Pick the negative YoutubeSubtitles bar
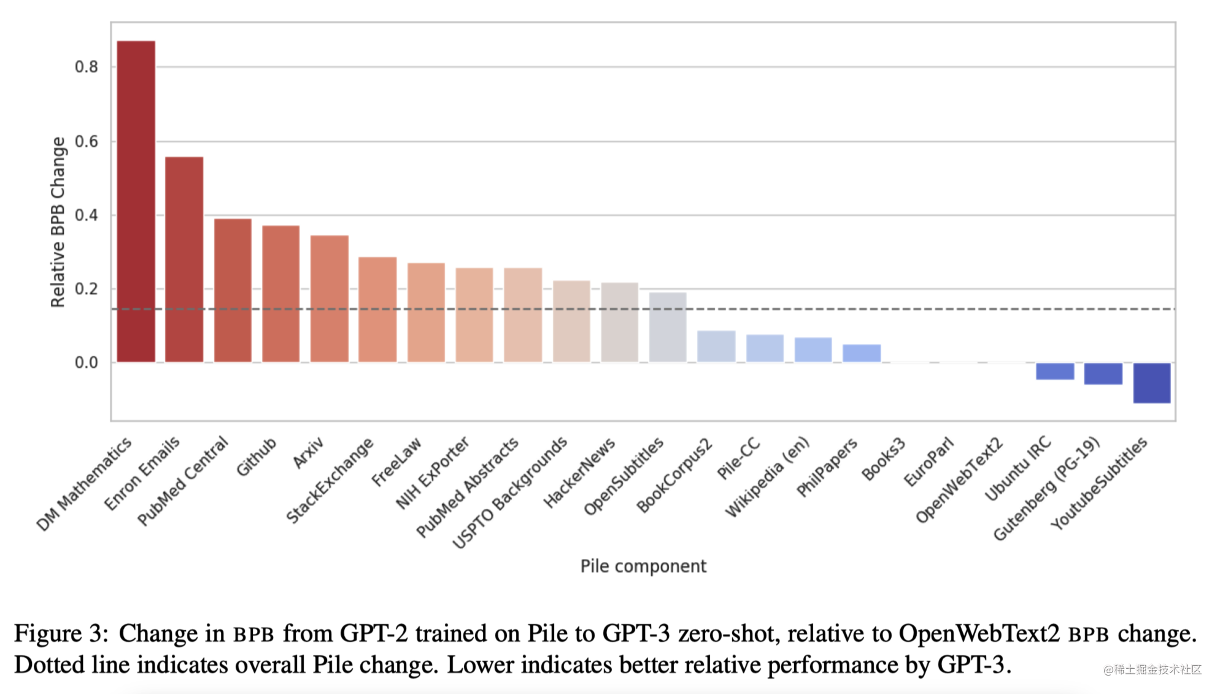(x=1152, y=383)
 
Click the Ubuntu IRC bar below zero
(x=1055, y=371)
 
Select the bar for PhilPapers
(x=862, y=353)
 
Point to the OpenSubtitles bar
(x=668, y=327)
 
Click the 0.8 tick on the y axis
(x=86, y=67)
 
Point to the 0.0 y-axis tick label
(x=86, y=362)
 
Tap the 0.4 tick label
(x=86, y=215)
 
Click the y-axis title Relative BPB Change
(x=58, y=222)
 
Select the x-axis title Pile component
(x=643, y=566)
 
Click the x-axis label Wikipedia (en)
(x=767, y=477)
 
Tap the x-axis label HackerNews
(x=579, y=473)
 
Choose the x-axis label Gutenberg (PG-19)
(x=1046, y=489)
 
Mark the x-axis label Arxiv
(x=308, y=453)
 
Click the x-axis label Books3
(x=883, y=459)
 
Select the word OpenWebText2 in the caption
(x=979, y=633)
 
